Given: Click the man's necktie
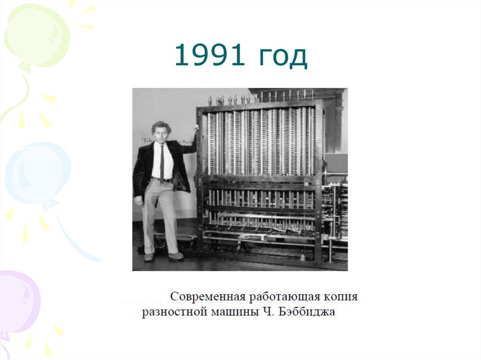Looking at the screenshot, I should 162,162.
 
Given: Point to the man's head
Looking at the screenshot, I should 160,131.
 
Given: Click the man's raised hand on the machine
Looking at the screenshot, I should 195,128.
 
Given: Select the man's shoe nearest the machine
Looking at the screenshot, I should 176,256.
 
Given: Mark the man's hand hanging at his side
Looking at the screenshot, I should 138,200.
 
